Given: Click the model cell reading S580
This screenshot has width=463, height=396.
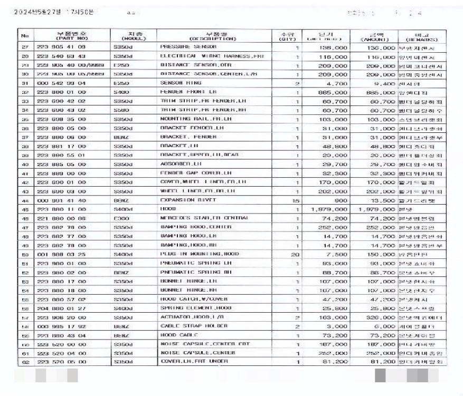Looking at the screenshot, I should (x=122, y=110).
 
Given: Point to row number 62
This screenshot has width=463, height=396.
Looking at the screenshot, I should (x=24, y=362).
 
